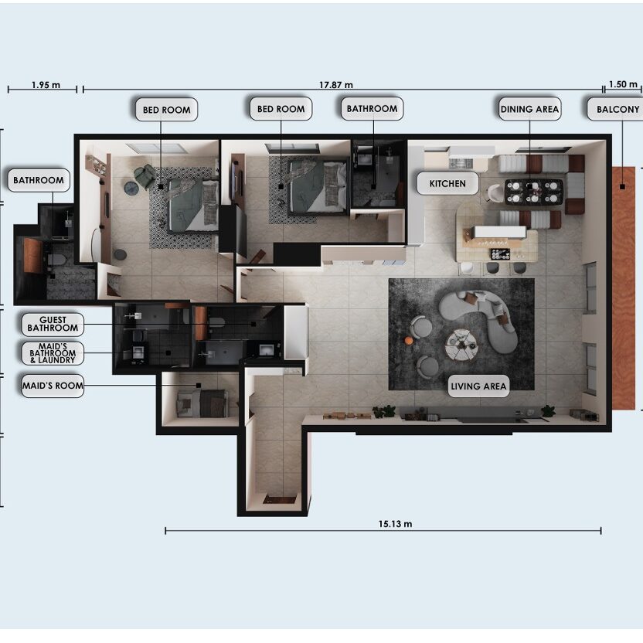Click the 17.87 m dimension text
[x=336, y=85]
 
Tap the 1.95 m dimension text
[x=46, y=85]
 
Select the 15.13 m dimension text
[x=395, y=524]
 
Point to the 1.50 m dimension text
[x=623, y=84]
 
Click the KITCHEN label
[x=447, y=183]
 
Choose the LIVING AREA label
[x=478, y=386]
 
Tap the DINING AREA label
[x=529, y=109]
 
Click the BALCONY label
[x=617, y=110]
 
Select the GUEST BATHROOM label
[x=53, y=324]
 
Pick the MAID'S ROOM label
[x=53, y=386]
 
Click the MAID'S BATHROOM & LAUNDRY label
[x=53, y=353]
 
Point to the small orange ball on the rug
[x=408, y=340]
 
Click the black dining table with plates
[x=533, y=192]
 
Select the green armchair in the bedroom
[x=145, y=176]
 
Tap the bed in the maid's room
[x=202, y=403]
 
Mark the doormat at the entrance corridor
[x=279, y=499]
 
